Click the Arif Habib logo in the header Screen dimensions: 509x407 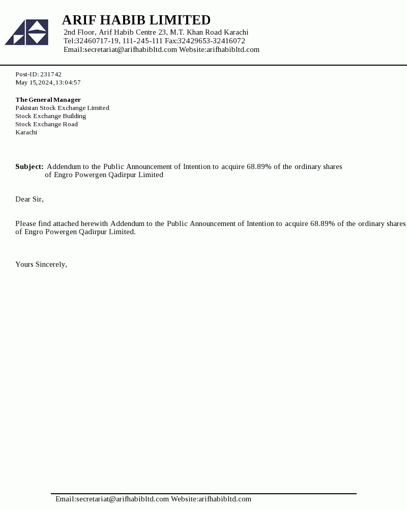tap(26, 32)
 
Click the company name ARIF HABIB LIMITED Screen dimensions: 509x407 tap(136, 20)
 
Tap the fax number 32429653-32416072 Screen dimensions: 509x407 tap(211, 41)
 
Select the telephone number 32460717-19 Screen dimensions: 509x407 tap(98, 41)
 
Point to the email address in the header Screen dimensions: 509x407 tap(131, 49)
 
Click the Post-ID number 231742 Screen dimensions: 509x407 tap(51, 74)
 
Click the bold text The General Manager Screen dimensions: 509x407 tap(48, 100)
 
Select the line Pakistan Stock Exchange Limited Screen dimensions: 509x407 tap(62, 108)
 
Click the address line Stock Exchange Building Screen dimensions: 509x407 tap(50, 116)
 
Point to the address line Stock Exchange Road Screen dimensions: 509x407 tap(46, 124)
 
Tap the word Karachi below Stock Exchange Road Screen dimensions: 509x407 tap(26, 132)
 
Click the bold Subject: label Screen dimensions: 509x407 tap(29, 166)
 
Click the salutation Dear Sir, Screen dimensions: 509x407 tap(30, 199)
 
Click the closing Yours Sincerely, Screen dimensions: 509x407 tap(41, 264)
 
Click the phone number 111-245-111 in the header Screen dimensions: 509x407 tap(142, 41)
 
